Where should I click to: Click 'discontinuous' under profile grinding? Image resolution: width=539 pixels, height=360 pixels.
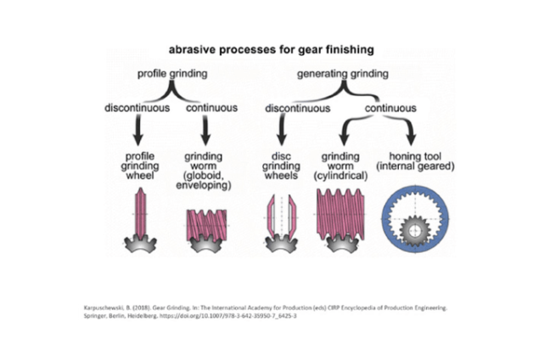[136, 110]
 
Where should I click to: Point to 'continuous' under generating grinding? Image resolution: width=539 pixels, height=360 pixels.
[390, 110]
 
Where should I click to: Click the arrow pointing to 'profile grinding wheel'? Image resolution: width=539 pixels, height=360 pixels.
[136, 132]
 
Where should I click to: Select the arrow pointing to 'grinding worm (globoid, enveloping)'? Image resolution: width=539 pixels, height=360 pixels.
[206, 132]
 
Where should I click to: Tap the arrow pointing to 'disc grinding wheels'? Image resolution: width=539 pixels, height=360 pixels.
[283, 132]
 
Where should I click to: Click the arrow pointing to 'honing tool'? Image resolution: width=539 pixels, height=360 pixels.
[411, 132]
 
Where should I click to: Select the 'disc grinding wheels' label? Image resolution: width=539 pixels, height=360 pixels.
[282, 166]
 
